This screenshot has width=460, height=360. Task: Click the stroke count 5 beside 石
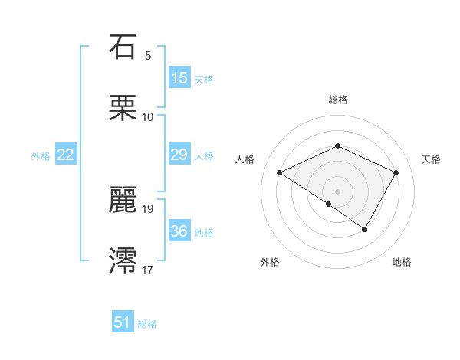click(x=148, y=56)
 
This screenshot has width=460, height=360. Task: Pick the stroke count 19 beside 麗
click(x=148, y=208)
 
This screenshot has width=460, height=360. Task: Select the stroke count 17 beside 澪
click(x=148, y=270)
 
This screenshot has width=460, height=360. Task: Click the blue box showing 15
click(x=179, y=78)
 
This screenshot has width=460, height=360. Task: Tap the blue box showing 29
click(x=179, y=155)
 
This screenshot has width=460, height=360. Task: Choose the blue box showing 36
click(x=179, y=231)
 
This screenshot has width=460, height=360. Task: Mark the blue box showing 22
click(x=66, y=155)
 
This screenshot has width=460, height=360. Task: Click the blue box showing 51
click(x=123, y=322)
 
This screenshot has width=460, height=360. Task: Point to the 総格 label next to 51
click(x=147, y=324)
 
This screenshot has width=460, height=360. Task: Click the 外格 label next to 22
click(x=41, y=156)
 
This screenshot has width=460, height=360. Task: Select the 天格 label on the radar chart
click(x=432, y=159)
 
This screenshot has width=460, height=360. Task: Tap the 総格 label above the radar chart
click(x=337, y=100)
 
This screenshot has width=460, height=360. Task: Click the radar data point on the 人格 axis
click(x=280, y=173)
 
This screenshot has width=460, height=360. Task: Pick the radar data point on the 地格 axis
click(x=365, y=229)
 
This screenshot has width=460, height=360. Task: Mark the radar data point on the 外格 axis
click(x=329, y=204)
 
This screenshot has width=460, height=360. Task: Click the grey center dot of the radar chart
click(x=337, y=191)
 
